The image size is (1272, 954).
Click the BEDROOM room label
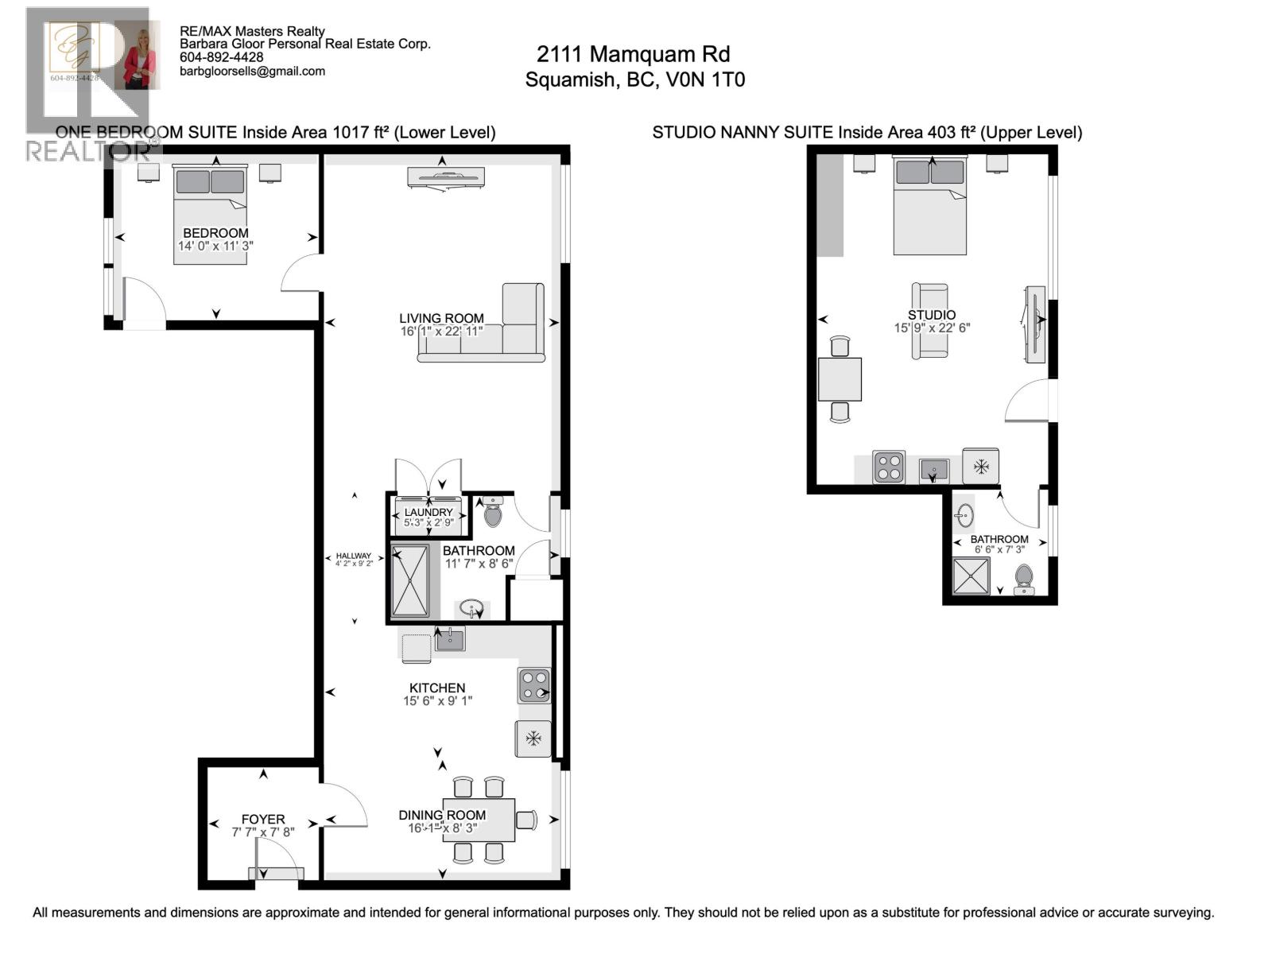215,233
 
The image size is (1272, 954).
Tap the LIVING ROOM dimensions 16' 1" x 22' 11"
441,331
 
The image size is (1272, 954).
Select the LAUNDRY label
429,512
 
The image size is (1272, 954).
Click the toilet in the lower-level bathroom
493,513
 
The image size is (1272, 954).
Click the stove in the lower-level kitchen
534,685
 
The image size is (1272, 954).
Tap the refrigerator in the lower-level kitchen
533,739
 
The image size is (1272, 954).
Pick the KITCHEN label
437,688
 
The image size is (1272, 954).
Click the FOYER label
263,819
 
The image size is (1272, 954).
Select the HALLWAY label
354,556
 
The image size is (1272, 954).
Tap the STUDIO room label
932,315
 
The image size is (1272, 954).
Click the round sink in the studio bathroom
965,515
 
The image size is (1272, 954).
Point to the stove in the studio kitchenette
889,467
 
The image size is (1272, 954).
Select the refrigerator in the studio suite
981,466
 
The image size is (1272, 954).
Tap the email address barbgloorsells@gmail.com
252,71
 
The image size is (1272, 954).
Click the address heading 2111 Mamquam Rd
633,54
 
